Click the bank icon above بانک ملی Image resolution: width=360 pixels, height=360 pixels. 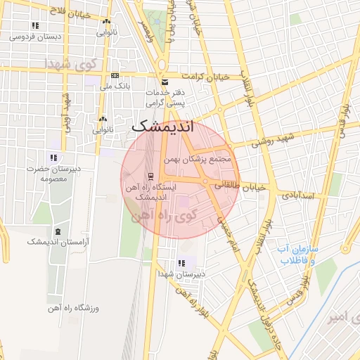115,76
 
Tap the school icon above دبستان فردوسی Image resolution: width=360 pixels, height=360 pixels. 35,25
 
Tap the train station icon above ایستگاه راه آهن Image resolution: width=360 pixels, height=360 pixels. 150,175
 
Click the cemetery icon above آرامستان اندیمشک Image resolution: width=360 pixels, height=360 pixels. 58,231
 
